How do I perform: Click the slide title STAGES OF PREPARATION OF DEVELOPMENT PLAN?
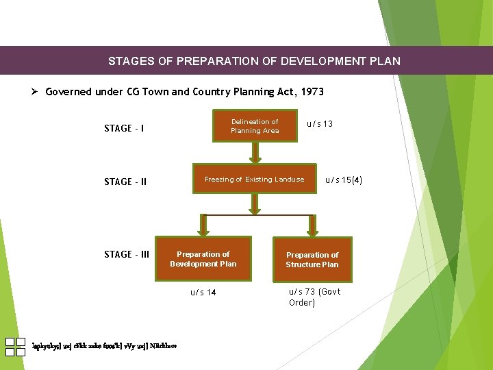[254, 61]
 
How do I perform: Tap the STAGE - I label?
[123, 128]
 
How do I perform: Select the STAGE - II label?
[125, 182]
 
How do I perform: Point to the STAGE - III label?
[127, 254]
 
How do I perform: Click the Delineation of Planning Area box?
[255, 126]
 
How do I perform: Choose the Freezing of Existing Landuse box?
[255, 180]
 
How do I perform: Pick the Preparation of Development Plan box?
[203, 259]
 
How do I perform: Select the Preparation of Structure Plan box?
[312, 260]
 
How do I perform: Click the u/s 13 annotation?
[320, 124]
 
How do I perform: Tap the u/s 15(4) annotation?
[344, 180]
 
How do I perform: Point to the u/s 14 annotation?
[203, 293]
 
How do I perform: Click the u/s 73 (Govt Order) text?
[314, 297]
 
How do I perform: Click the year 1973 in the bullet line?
[311, 92]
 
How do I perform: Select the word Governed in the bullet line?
[68, 92]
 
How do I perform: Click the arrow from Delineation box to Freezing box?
[255, 152]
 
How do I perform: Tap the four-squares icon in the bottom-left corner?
[15, 347]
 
